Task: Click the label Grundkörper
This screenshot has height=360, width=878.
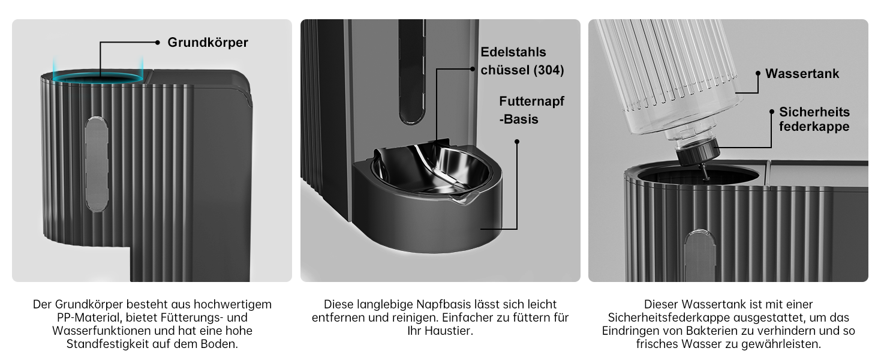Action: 208,43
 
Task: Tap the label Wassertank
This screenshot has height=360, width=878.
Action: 802,74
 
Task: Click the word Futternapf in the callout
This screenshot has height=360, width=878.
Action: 531,101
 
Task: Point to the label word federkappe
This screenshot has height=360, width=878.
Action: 814,127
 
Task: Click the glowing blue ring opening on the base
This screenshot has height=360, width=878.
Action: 99,77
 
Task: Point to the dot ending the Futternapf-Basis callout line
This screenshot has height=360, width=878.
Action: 517,142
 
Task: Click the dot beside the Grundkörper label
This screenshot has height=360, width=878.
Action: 157,42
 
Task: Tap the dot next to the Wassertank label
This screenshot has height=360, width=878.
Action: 758,74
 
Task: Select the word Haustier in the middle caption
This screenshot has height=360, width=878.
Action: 449,331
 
